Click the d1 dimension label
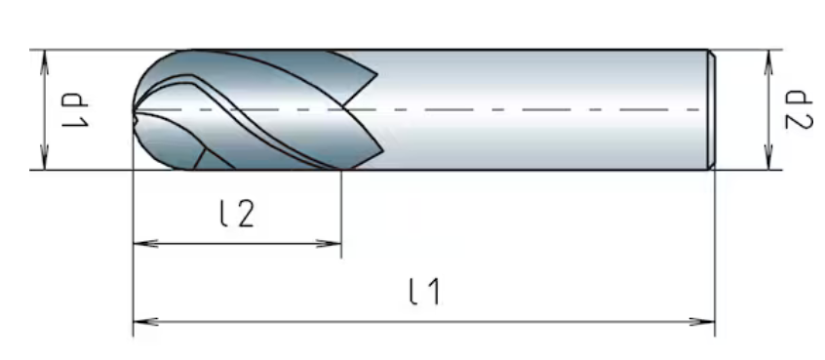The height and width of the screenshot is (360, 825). pyautogui.click(x=75, y=110)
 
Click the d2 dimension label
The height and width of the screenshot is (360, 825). pyautogui.click(x=799, y=109)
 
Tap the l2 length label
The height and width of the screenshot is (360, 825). pyautogui.click(x=237, y=214)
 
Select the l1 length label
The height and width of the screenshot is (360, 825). pyautogui.click(x=425, y=292)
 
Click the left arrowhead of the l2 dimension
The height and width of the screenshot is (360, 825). pyautogui.click(x=145, y=243)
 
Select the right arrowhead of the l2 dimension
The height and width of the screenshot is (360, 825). pyautogui.click(x=329, y=243)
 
